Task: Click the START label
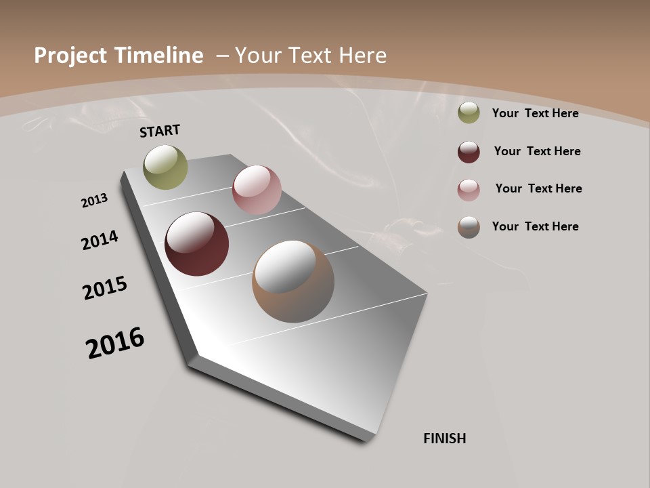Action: [160, 131]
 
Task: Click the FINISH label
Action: [445, 439]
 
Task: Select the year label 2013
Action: [94, 201]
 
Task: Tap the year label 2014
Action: [100, 240]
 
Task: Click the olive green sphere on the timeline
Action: [166, 167]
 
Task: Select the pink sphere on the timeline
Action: [257, 190]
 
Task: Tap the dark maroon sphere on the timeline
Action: [197, 244]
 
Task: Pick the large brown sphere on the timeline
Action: [293, 281]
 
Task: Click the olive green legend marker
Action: [469, 113]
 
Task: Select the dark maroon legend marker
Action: [469, 152]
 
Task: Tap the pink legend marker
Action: [469, 190]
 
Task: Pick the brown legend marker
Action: [469, 227]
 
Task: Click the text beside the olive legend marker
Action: [535, 113]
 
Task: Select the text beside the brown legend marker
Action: [535, 226]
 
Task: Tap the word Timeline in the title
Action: [159, 56]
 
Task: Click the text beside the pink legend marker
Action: [538, 188]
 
